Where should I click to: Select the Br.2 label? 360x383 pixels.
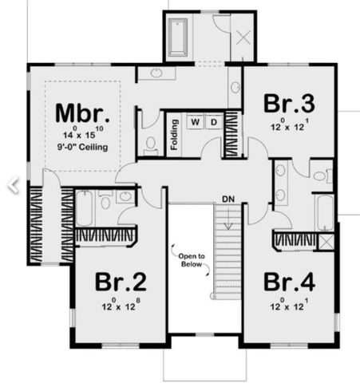[120, 283]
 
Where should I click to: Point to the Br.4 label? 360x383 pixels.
[289, 283]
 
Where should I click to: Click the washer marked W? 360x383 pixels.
[195, 122]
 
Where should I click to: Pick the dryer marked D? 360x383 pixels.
[214, 122]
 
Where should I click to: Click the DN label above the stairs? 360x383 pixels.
[227, 198]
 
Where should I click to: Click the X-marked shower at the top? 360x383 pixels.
[241, 37]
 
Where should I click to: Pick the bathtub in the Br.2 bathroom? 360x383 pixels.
[88, 210]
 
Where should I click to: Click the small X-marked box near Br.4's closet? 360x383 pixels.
[326, 242]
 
